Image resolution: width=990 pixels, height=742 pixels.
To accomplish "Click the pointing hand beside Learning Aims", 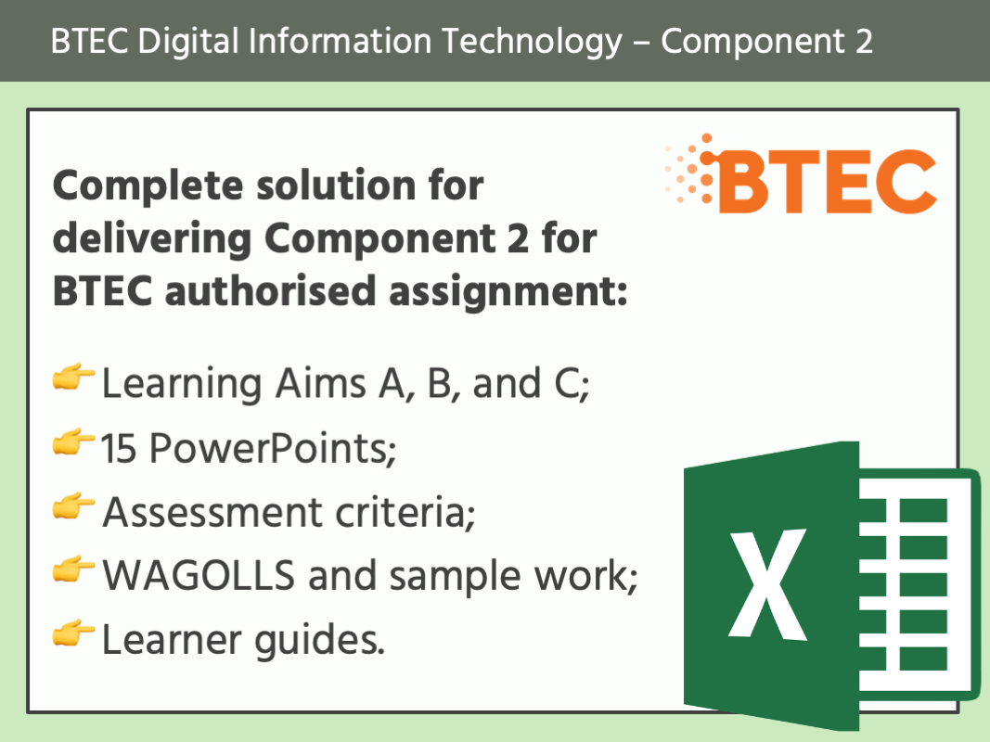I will (74, 379).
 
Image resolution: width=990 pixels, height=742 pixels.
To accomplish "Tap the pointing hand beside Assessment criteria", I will (74, 507).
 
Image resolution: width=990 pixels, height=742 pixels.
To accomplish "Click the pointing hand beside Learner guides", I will (74, 635).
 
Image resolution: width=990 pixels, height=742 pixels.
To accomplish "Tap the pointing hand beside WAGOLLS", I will (74, 571).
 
